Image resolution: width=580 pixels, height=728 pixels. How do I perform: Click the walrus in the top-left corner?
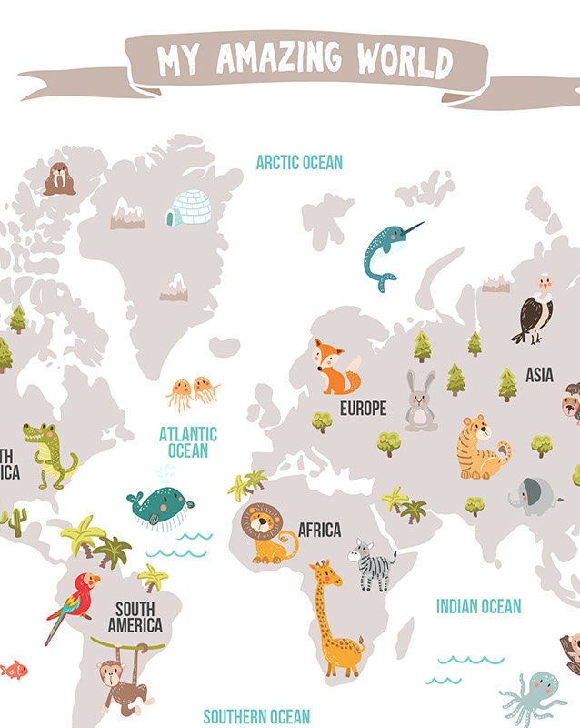pyautogui.click(x=59, y=178)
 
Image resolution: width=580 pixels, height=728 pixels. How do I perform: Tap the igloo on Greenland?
pyautogui.click(x=188, y=208)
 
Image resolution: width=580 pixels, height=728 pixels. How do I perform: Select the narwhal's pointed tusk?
pyautogui.click(x=412, y=227)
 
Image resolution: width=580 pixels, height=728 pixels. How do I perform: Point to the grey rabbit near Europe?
pyautogui.click(x=421, y=402)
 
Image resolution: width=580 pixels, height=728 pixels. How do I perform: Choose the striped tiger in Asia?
pyautogui.click(x=480, y=447)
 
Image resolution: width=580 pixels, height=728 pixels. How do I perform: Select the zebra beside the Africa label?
pyautogui.click(x=373, y=564)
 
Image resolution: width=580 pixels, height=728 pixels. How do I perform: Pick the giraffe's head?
pyautogui.click(x=323, y=574)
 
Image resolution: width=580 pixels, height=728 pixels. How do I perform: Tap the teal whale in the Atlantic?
pyautogui.click(x=161, y=506)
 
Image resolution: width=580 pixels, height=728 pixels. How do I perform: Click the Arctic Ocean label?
pyautogui.click(x=299, y=163)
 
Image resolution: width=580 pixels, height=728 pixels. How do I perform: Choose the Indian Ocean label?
pyautogui.click(x=478, y=606)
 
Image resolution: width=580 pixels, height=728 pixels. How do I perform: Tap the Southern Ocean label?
pyautogui.click(x=256, y=717)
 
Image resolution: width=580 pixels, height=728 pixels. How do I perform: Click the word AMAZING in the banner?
pyautogui.click(x=278, y=60)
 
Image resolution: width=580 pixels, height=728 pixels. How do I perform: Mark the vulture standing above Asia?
pyautogui.click(x=534, y=309)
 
